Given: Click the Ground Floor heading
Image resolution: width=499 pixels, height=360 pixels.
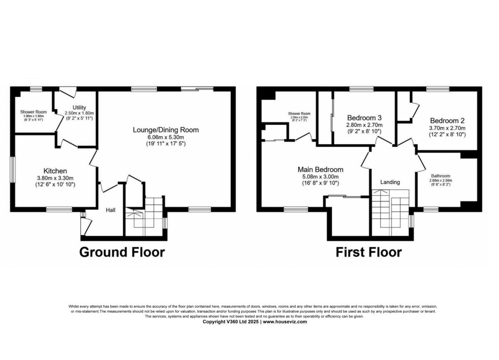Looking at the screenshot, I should tap(122, 252).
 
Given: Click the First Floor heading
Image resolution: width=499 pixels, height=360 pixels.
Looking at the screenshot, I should tap(368, 252).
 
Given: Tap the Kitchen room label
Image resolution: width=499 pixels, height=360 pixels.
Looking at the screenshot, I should tap(55, 171).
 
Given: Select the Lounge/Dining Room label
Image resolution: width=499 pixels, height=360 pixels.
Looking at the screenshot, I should tap(166, 130).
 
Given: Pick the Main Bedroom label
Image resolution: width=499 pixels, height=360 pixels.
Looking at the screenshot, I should tap(320, 170).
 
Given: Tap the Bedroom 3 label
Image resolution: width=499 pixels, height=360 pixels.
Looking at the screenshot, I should tap(364, 118).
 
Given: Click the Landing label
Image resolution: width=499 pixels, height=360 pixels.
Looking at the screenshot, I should tap(390, 182).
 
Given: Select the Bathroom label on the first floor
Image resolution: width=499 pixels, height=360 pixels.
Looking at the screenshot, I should tap(440, 176).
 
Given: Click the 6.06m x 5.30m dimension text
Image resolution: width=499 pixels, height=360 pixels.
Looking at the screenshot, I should tap(166, 138).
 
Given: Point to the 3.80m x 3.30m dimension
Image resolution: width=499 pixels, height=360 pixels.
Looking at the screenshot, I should tap(55, 178).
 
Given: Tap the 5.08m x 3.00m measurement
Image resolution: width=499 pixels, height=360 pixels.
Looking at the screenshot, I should tap(320, 177).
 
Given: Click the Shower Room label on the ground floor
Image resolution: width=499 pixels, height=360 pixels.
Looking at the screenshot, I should tap(33, 112).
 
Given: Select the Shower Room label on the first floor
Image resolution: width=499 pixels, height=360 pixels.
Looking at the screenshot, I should tap(299, 113).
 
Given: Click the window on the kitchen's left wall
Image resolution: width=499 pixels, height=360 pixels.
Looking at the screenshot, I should tap(13, 169).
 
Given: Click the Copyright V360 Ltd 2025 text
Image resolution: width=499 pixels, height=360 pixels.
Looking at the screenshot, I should tap(230, 322).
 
